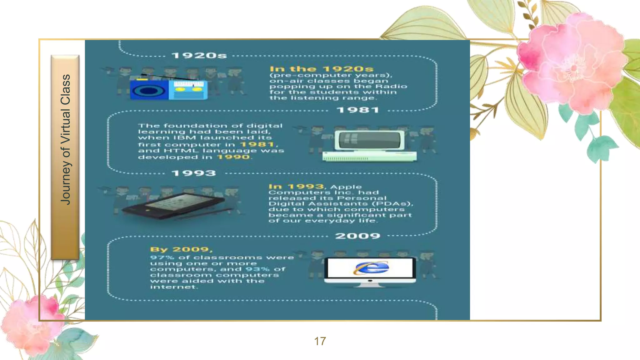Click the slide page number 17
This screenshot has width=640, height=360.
coord(320,341)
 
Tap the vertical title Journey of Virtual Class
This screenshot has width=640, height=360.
coord(65,140)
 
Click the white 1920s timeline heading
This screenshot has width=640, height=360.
coord(199,56)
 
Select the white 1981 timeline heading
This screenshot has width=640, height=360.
coord(358,110)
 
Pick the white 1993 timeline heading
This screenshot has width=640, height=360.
coord(194,173)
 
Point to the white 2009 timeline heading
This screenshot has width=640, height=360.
coord(357,236)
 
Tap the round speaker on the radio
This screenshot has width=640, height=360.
coord(149,91)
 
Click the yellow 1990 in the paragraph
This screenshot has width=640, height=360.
coord(233,157)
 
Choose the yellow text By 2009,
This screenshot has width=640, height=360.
coord(181,250)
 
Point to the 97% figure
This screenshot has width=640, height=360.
coord(162,257)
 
